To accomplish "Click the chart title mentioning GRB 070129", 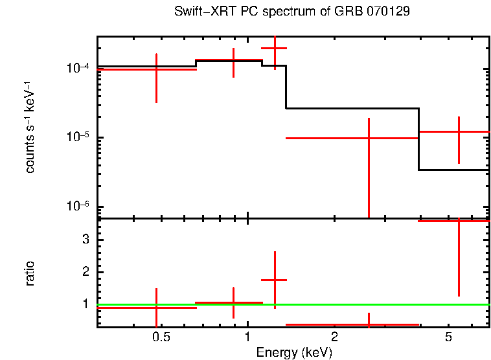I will click(x=291, y=12).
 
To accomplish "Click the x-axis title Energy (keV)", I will click(x=294, y=352).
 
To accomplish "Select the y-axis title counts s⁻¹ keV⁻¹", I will click(x=30, y=127).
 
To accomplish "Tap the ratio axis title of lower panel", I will click(x=30, y=273).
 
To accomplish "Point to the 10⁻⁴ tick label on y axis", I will click(x=78, y=68).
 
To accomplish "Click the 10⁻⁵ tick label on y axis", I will click(x=78, y=137).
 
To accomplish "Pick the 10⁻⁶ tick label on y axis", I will click(x=78, y=207).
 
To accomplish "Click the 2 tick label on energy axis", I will click(x=334, y=337).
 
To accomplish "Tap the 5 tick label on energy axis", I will click(x=448, y=337).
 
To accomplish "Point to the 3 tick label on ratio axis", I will click(x=84, y=240).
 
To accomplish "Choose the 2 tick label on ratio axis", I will click(x=84, y=272).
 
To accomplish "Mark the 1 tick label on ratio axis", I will click(x=84, y=304).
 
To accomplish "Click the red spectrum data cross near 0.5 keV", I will click(x=156, y=69).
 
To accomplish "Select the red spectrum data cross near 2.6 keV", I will click(x=369, y=138).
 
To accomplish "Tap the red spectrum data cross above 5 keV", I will click(x=459, y=132).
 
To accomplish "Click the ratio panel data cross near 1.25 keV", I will click(x=275, y=280).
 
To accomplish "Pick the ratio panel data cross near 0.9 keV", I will click(x=233, y=302).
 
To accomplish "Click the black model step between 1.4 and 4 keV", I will click(x=352, y=108).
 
